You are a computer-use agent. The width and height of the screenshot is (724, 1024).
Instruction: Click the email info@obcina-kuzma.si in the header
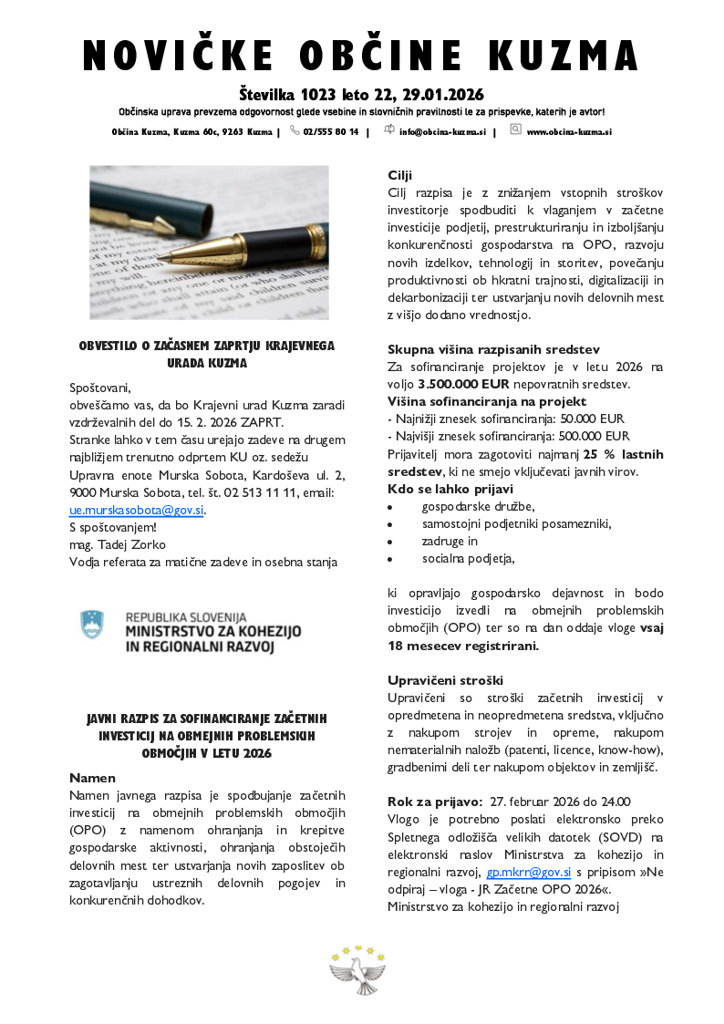coord(442,131)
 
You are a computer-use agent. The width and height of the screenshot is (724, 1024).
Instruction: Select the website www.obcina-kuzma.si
coord(568,131)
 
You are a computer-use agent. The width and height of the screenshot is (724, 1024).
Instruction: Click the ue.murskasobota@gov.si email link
coord(137,510)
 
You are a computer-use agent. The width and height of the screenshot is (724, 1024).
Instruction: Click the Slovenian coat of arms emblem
coord(93,625)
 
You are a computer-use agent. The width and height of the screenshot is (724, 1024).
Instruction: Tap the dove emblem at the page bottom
coord(358,972)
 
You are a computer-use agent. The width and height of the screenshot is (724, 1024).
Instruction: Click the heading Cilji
coord(400,174)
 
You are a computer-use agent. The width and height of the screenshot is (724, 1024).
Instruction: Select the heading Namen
coord(92,778)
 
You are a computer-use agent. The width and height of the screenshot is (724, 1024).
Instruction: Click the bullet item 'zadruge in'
coord(450,541)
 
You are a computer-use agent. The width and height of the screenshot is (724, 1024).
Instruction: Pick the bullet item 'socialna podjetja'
coord(468,558)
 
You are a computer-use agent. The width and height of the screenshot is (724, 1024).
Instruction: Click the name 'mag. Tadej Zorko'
coord(118,544)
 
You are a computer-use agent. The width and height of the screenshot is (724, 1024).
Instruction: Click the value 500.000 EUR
coord(591,436)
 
